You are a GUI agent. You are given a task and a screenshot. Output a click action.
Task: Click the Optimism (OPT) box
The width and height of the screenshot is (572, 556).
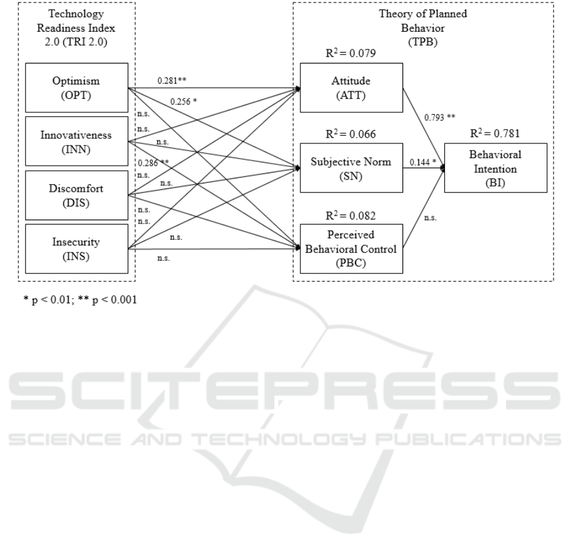(77, 87)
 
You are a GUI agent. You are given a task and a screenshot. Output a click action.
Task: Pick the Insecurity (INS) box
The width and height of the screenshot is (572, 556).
(77, 248)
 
